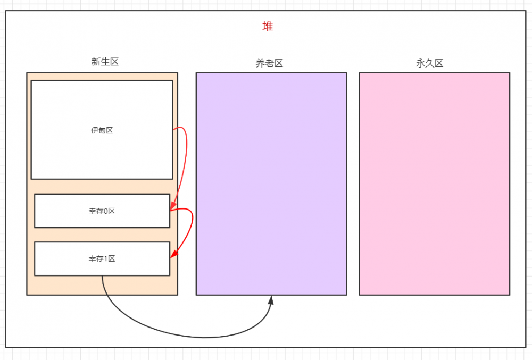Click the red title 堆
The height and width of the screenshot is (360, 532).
pos(268,27)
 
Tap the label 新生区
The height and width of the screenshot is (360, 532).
pos(105,62)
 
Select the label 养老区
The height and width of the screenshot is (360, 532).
pos(269,63)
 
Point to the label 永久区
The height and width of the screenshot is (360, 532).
pos(429,63)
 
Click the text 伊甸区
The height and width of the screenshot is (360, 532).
pos(102,130)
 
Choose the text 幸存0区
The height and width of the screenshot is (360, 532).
pos(102,211)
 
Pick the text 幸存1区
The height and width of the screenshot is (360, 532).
pos(102,259)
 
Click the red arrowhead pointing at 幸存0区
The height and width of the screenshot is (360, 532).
pos(173,206)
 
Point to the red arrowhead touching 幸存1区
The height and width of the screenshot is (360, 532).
pos(174,254)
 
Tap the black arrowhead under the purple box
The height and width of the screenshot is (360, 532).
pos(271,300)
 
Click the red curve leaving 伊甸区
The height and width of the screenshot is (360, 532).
pos(185,154)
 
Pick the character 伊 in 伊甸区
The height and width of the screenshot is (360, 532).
pos(95,130)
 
